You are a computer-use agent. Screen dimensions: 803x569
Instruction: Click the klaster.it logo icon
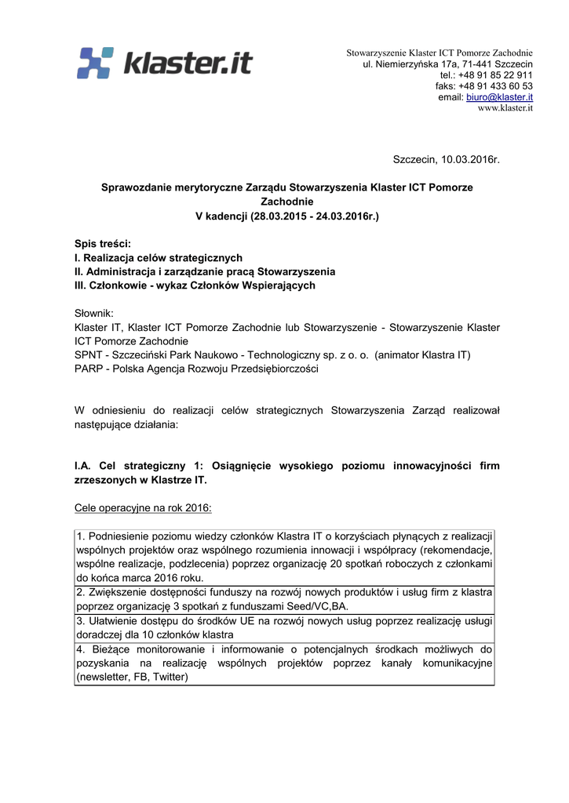click(97, 63)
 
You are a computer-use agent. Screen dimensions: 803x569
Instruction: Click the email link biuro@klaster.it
click(499, 97)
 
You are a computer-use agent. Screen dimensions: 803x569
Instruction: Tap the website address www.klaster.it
click(505, 108)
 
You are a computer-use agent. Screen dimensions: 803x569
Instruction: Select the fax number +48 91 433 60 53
click(495, 86)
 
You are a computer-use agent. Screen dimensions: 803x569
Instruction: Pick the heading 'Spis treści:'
click(102, 244)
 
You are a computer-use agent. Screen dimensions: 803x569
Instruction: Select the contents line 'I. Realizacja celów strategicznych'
click(158, 258)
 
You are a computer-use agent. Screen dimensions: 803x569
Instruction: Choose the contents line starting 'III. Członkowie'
click(195, 285)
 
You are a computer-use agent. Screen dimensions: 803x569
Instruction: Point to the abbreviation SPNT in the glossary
click(89, 355)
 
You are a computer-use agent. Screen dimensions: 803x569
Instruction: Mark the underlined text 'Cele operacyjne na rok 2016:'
click(143, 508)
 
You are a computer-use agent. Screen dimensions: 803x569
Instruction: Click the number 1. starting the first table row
click(81, 536)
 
